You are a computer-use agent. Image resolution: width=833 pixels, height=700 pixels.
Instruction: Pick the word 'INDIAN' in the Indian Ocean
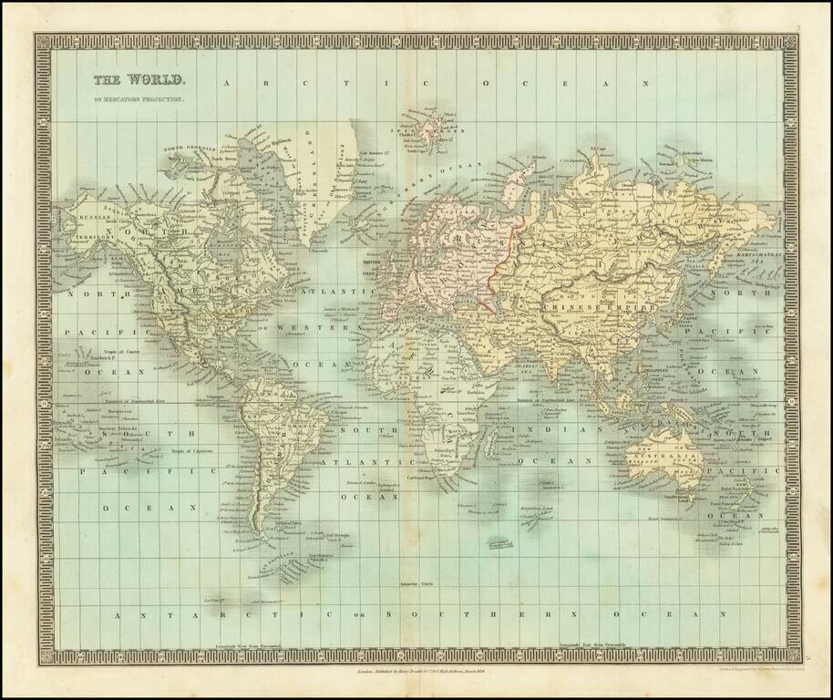[541, 429]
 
